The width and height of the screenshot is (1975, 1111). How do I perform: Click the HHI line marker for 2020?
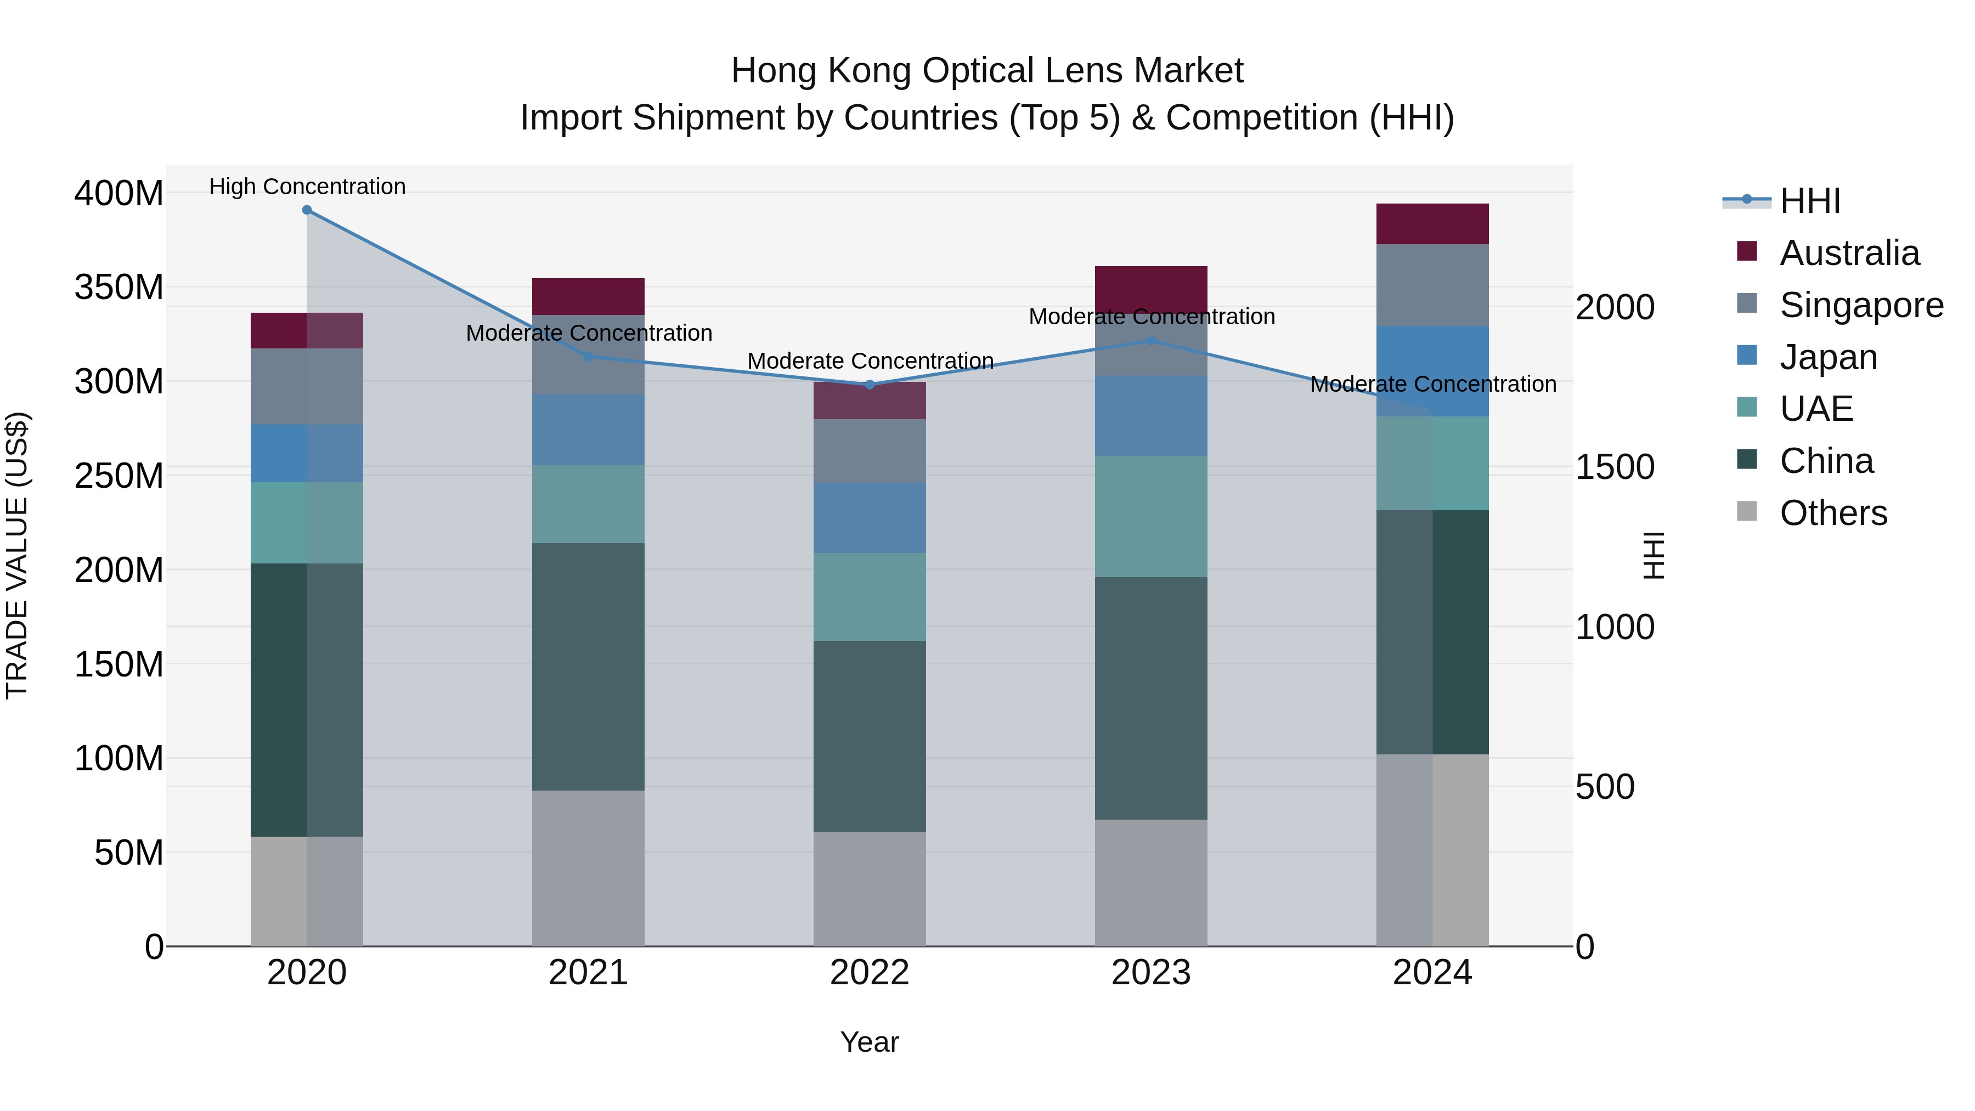tap(307, 210)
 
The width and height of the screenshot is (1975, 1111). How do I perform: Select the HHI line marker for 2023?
tap(1151, 340)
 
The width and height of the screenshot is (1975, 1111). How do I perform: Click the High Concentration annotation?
tap(307, 187)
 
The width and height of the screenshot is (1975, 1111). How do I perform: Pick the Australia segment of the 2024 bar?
tap(1432, 224)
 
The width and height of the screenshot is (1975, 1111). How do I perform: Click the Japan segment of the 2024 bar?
tap(1432, 371)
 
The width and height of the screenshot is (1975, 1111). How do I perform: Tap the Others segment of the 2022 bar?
tap(870, 889)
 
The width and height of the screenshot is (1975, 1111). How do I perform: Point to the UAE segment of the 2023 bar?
tap(1151, 517)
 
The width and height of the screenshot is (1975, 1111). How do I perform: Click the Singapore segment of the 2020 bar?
tap(307, 386)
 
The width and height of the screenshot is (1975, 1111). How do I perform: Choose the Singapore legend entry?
tap(1861, 305)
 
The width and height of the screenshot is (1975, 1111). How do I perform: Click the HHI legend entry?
tap(1809, 201)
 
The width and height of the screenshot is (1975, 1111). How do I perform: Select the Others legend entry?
tap(1832, 513)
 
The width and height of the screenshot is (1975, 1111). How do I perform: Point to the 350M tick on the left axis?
tap(119, 287)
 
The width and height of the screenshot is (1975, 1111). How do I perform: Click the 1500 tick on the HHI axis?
tap(1615, 467)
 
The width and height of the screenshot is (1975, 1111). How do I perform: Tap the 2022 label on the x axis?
tap(870, 973)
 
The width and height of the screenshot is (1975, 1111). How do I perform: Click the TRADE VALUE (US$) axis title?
tap(17, 555)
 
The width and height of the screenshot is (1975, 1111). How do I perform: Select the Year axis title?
tap(870, 1042)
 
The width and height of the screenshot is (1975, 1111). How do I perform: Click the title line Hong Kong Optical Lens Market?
tap(987, 71)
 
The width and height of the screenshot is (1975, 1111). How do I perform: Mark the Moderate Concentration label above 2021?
tap(589, 333)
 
